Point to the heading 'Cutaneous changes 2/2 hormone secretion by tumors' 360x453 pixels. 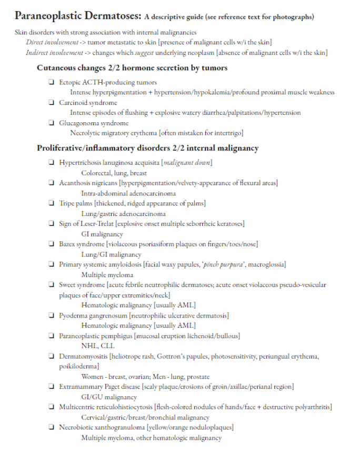coord(132,67)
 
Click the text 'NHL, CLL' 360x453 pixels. coord(97,346)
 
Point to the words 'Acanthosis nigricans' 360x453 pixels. coord(88,183)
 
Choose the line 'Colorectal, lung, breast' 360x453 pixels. coord(114,173)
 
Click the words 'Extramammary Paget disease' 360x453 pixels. coord(99,387)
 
